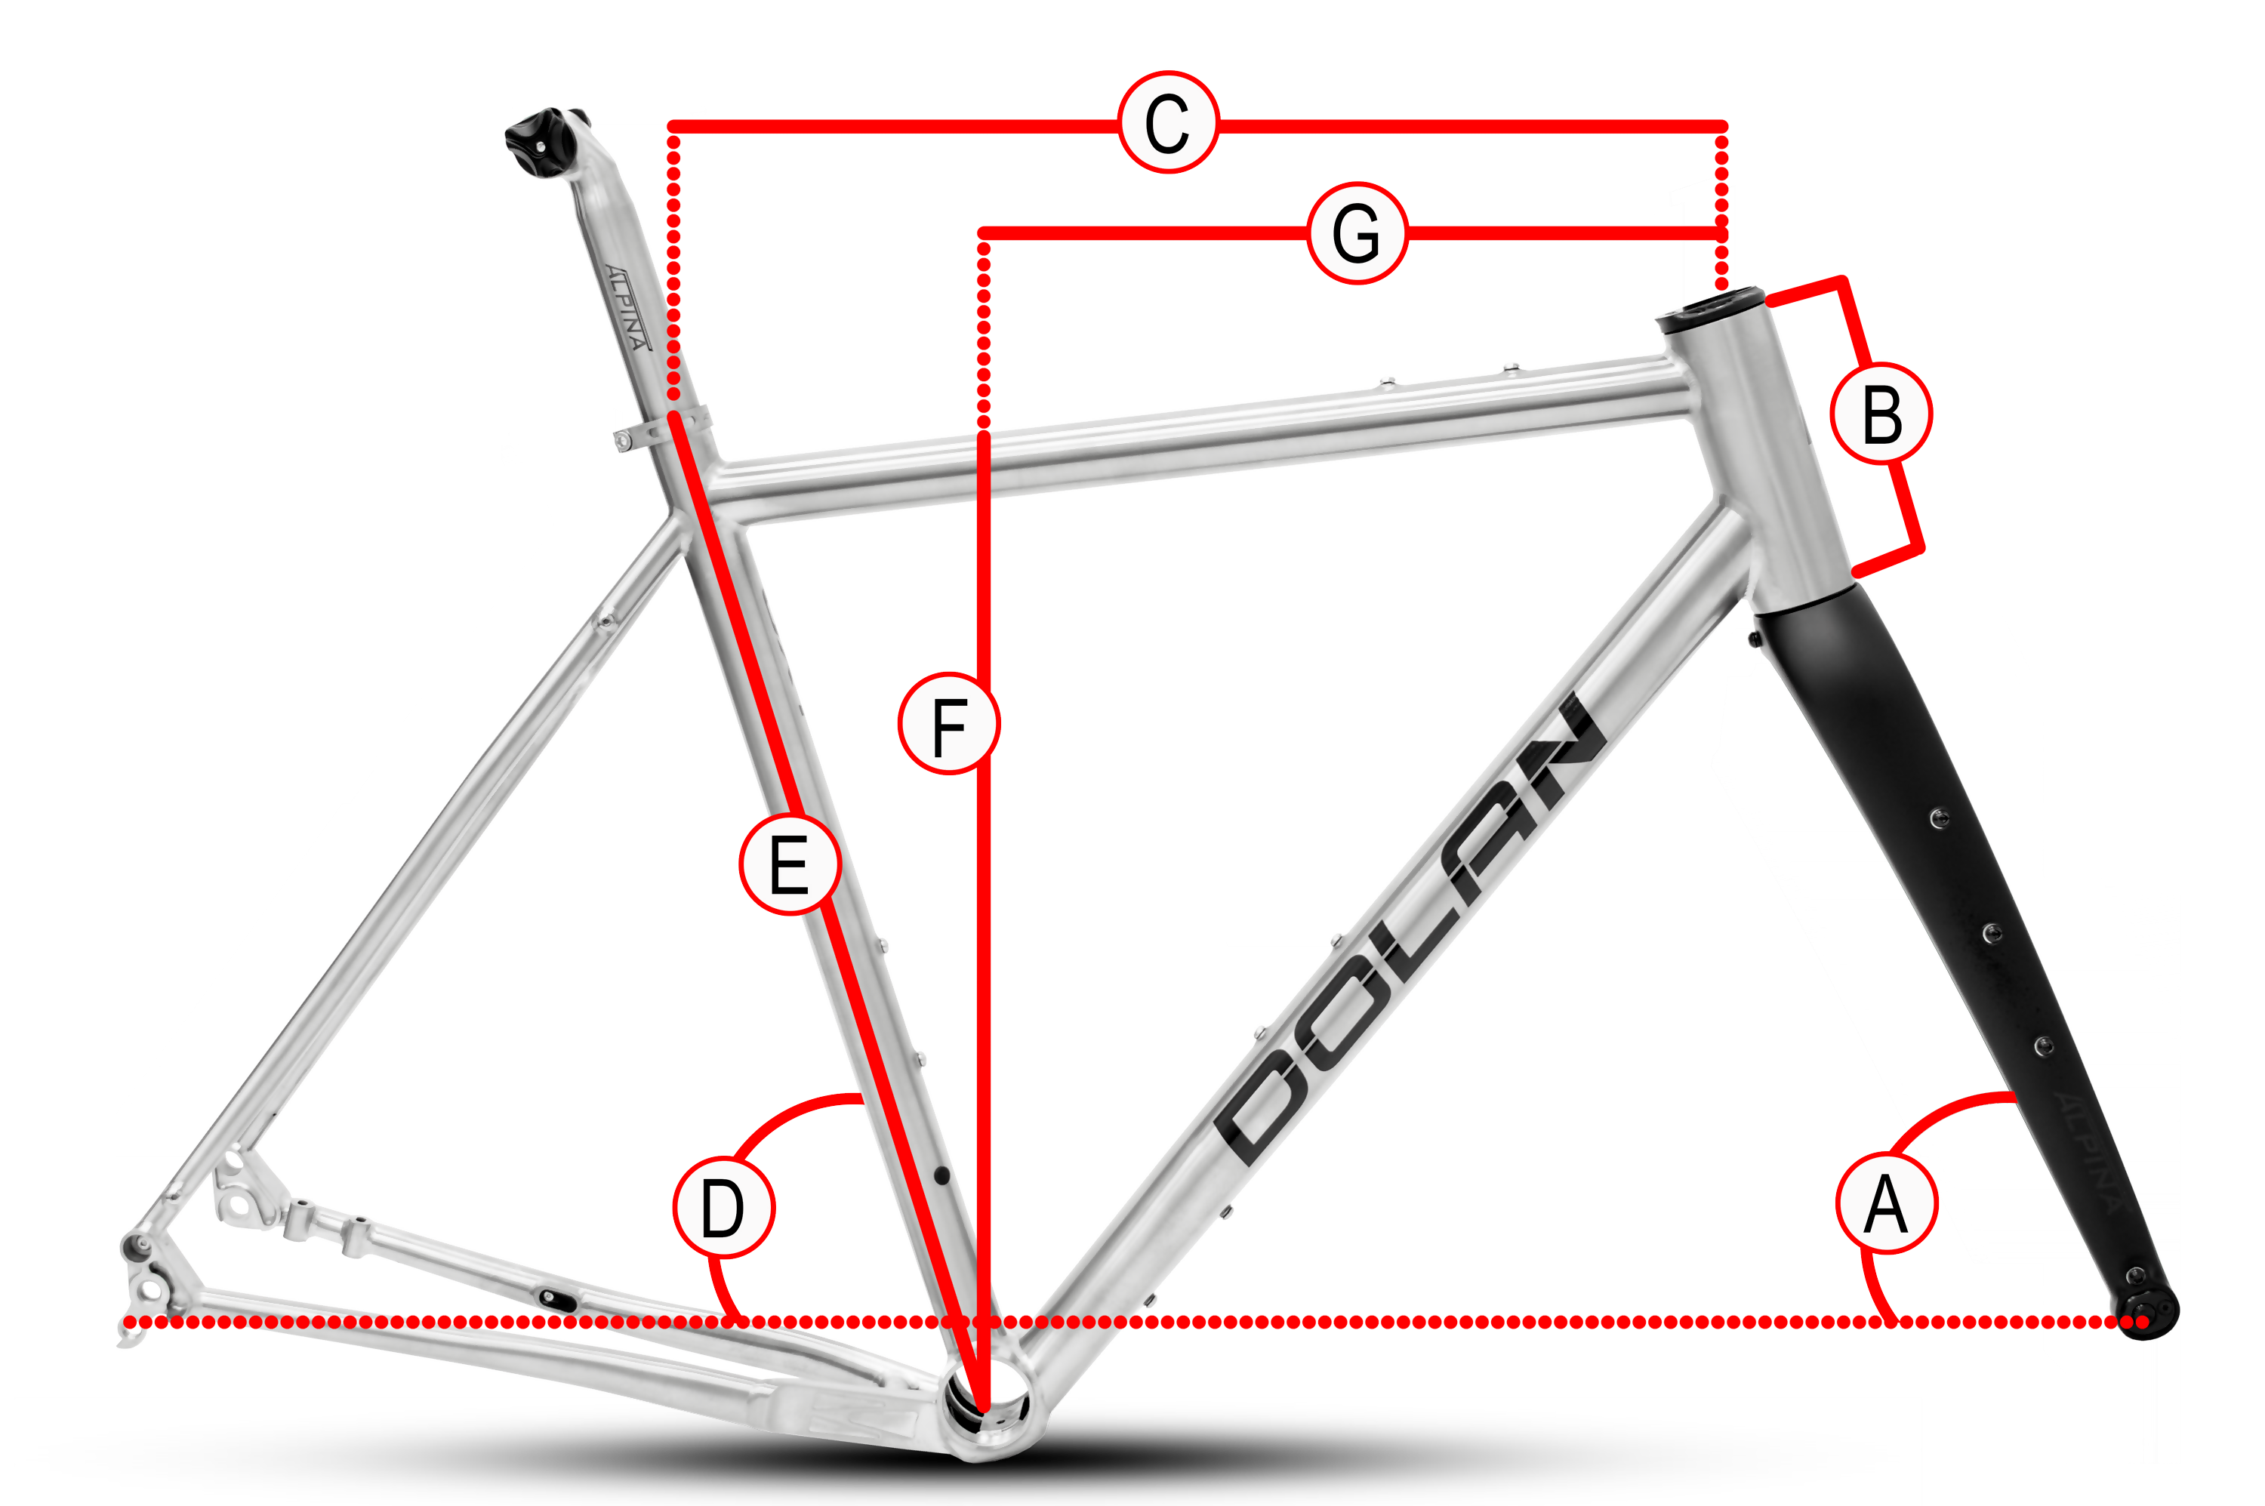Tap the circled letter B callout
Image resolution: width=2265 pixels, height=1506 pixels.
1881,414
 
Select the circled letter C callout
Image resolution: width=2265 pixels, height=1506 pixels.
1168,122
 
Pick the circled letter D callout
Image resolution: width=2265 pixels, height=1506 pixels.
723,1207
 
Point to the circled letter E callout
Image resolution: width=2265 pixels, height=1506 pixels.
790,864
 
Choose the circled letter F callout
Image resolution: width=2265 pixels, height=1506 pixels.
948,723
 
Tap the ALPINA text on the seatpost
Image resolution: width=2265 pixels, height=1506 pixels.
627,307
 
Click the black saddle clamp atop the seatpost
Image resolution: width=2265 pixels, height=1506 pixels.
544,142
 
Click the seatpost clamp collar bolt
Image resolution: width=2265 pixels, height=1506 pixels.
622,441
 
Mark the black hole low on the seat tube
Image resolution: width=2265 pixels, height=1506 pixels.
941,1175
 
